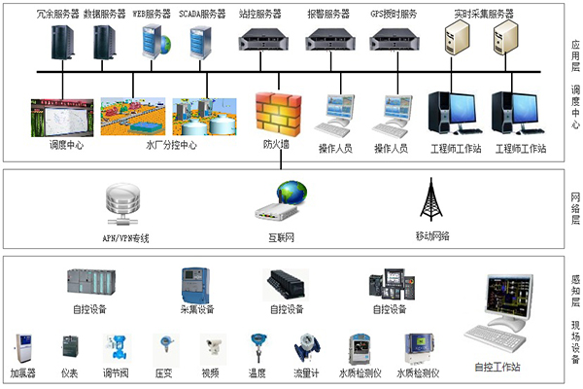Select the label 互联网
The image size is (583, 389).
[282, 236]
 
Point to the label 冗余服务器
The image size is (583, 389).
[56, 15]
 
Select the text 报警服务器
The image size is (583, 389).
[326, 15]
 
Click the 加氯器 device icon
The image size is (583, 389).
[23, 349]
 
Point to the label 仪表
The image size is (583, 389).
[70, 372]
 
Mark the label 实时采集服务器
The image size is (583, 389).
[483, 15]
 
